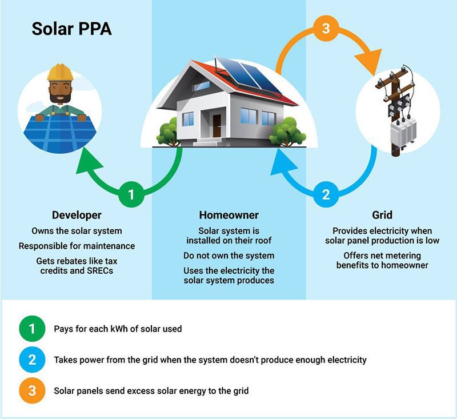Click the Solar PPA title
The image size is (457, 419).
coord(71,29)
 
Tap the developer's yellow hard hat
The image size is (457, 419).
coord(59,73)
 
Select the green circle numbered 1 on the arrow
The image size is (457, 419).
coord(131,194)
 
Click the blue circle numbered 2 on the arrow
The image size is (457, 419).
coord(326,194)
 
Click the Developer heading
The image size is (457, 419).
coord(77,216)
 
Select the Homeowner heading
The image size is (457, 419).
coord(228,216)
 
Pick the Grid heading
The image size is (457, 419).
coord(382,216)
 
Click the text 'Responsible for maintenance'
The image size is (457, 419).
coord(77,246)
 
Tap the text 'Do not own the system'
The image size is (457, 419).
coord(228,256)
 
